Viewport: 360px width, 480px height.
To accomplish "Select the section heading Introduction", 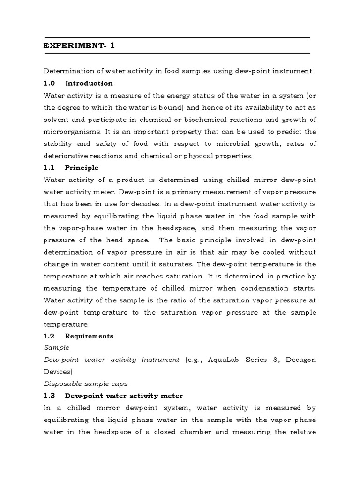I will (89, 83).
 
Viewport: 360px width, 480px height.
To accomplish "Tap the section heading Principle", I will (82, 167).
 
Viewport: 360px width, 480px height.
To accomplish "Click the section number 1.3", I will (49, 396).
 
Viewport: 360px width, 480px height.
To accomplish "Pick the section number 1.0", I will (49, 83).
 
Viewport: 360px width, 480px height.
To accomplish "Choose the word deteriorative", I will (63, 156).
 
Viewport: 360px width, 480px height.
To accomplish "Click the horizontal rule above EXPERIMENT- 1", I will (177, 37).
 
